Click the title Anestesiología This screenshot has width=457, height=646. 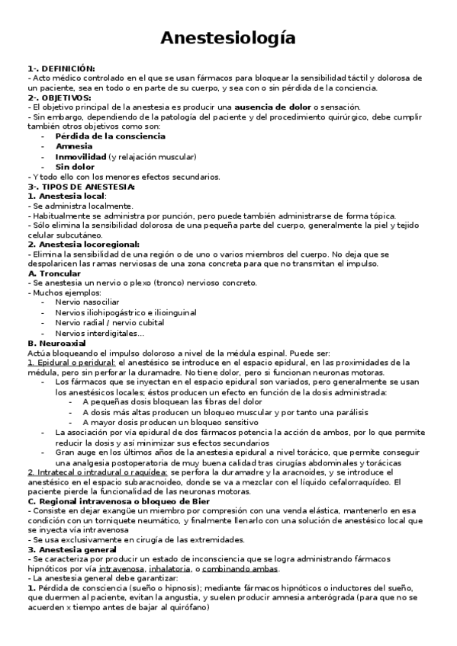click(x=228, y=37)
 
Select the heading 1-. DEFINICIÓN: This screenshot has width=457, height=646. click(x=61, y=69)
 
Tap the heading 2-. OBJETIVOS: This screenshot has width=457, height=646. click(x=59, y=98)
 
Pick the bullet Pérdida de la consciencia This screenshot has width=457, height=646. click(x=110, y=136)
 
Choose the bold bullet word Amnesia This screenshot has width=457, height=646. click(x=75, y=146)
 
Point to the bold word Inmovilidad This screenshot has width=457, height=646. click(x=81, y=156)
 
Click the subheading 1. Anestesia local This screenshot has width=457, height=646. click(x=66, y=196)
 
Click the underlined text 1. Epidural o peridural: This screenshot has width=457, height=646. click(x=72, y=363)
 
